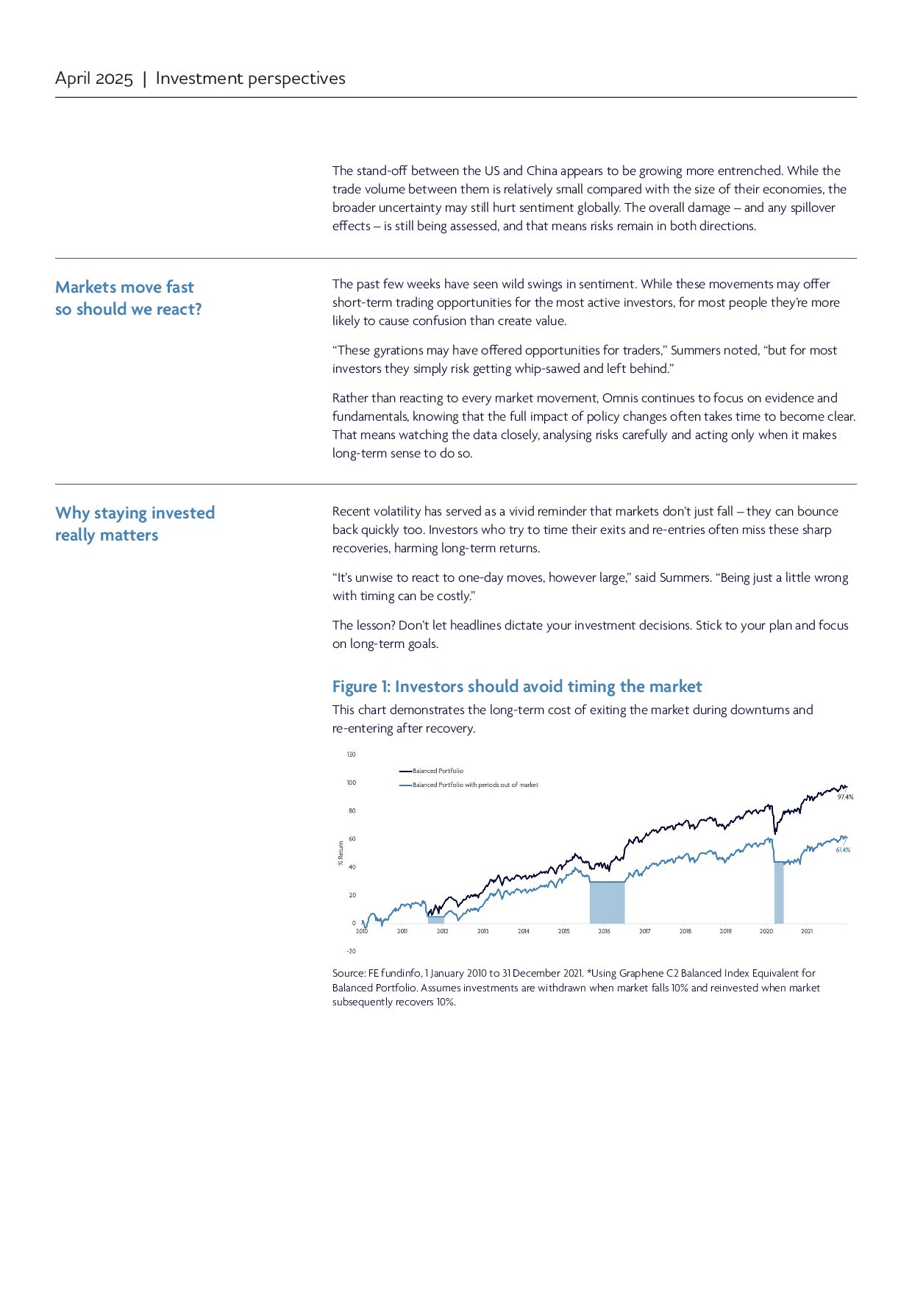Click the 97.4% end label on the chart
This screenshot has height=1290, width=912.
(x=845, y=797)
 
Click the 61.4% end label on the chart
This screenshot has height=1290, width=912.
(x=843, y=849)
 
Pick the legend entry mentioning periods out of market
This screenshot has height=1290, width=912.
(x=474, y=785)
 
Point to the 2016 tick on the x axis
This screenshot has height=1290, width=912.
(x=604, y=931)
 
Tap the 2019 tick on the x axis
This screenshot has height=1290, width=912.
(x=725, y=931)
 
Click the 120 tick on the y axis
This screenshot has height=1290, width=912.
(x=351, y=755)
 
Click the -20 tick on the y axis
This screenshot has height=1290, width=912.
(x=351, y=951)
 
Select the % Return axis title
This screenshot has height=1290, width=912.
(x=341, y=853)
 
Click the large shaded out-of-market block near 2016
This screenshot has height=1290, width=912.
(x=607, y=903)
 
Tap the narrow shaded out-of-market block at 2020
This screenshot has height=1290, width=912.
(x=779, y=894)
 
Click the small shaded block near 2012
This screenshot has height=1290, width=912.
(x=436, y=919)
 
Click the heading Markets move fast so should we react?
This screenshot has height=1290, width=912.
(x=128, y=298)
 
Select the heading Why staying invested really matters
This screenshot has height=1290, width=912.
(x=135, y=524)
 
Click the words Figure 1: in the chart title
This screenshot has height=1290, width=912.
(x=361, y=686)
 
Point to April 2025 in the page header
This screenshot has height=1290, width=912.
(x=94, y=79)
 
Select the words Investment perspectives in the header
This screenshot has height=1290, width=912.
(x=250, y=79)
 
